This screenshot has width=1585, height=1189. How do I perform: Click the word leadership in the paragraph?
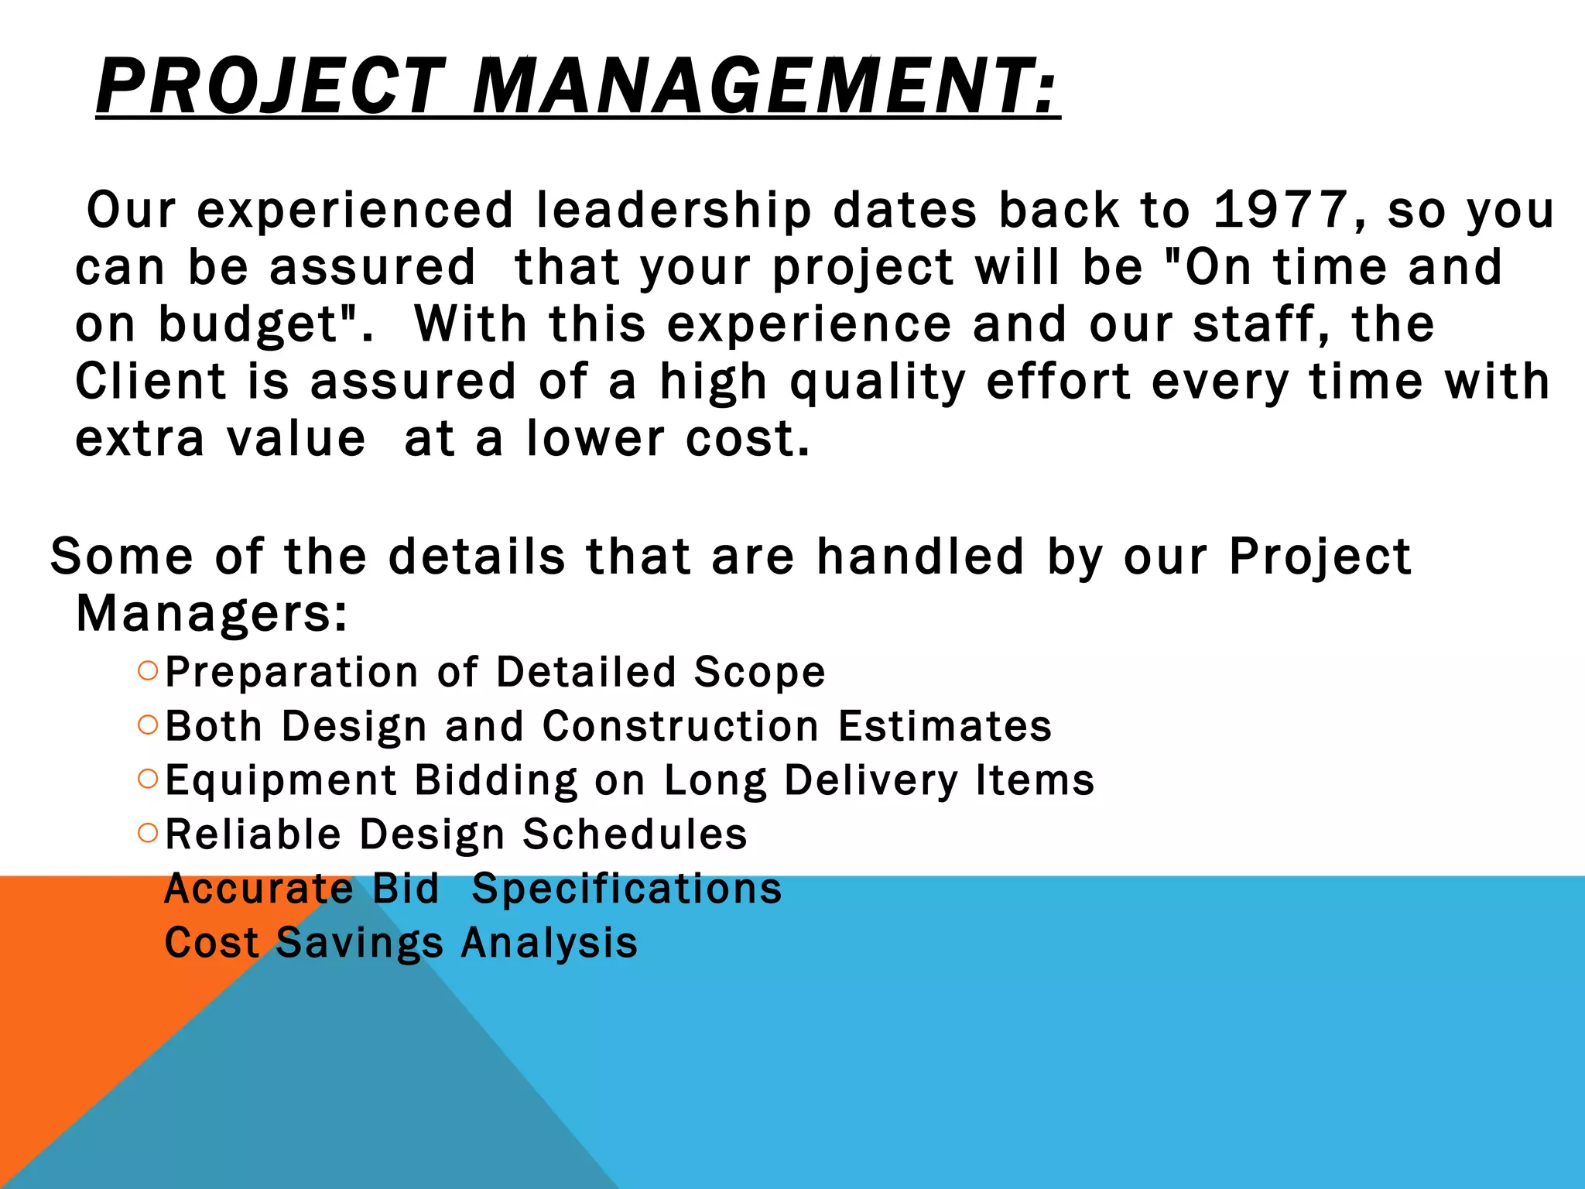(673, 211)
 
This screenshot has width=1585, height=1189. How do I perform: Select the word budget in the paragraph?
(256, 325)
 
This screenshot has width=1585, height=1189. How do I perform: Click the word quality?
(878, 383)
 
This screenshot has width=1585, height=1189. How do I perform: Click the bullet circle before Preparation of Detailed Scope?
(148, 670)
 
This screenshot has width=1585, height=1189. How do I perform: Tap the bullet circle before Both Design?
(148, 725)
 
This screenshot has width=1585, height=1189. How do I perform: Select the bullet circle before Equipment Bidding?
(148, 779)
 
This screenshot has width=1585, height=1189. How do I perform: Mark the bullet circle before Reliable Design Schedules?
(148, 833)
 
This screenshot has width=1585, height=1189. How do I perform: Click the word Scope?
(759, 672)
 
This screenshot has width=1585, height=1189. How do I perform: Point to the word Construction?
(680, 726)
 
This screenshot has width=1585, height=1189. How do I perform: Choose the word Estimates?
(945, 726)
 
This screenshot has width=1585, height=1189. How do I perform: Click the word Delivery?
(871, 780)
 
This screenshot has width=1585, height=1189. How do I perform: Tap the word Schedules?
(635, 834)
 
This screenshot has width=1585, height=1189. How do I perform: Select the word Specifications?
(626, 889)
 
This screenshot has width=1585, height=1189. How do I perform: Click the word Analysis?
(549, 943)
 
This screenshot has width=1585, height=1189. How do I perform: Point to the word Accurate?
(259, 889)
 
